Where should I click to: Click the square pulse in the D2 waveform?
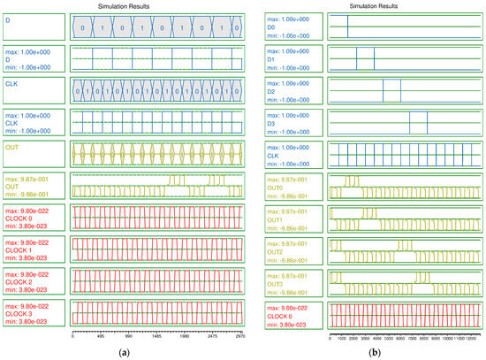[391, 91]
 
